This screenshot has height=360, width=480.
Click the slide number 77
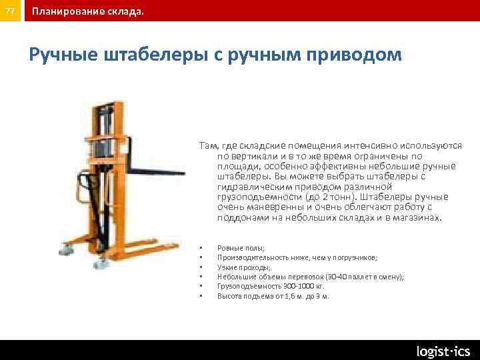[9, 11]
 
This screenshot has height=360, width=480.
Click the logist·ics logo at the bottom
[443, 351]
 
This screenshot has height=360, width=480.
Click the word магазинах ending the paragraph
[417, 217]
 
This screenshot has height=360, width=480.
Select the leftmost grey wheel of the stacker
[67, 250]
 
